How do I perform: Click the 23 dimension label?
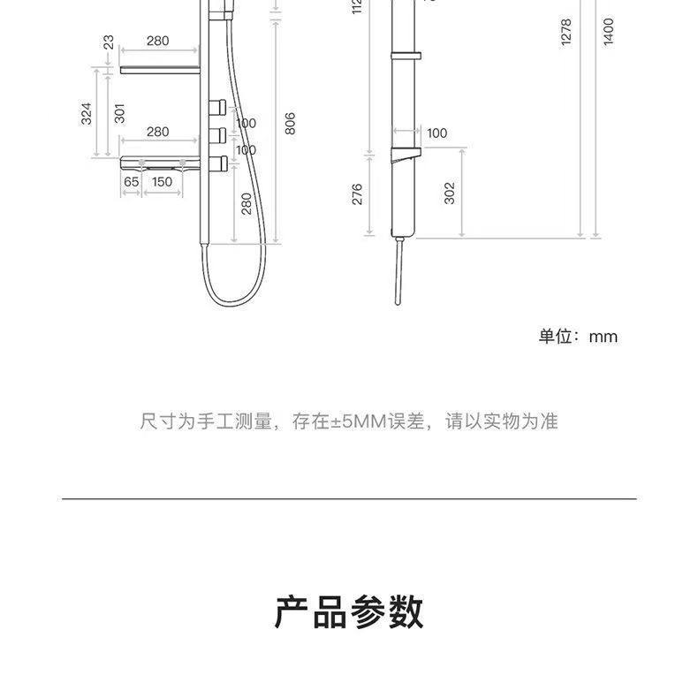[108, 44]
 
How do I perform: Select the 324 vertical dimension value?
[87, 112]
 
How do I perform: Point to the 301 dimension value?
[119, 112]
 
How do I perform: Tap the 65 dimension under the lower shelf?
[131, 182]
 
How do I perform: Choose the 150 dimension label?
[162, 182]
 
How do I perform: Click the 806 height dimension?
[290, 123]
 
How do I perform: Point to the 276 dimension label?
[357, 195]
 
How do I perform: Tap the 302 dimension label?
[449, 193]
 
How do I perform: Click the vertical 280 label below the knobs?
[247, 203]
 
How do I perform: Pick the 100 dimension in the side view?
[436, 133]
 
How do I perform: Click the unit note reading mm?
[579, 337]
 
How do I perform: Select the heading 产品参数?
[349, 612]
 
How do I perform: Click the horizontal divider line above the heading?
[349, 499]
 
